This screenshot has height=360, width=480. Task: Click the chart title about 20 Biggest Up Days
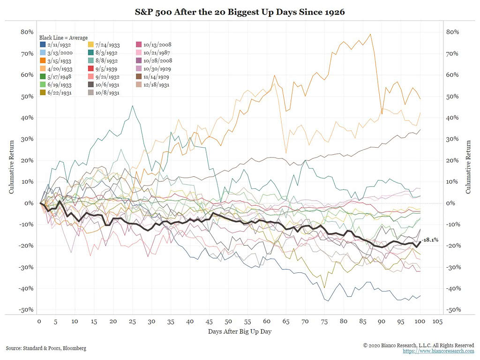(x=240, y=12)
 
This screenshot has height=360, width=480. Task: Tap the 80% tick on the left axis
(x=27, y=32)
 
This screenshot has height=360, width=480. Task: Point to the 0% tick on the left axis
(x=29, y=203)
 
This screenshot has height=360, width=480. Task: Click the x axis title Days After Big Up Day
(x=240, y=332)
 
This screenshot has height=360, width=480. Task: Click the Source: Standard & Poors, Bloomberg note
(x=46, y=348)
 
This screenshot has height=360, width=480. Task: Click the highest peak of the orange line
(x=371, y=34)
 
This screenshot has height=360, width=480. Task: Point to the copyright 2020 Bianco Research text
(x=419, y=345)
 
